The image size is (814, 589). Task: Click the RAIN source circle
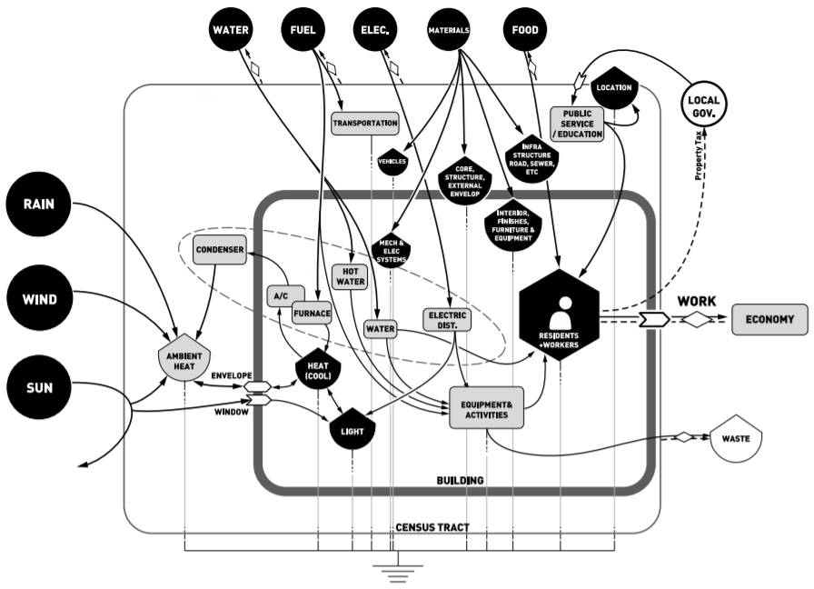tap(39, 205)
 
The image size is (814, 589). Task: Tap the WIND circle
tap(39, 300)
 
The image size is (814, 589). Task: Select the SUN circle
tap(39, 387)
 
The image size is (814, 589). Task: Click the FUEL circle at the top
tap(303, 30)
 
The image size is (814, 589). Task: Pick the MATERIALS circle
tap(449, 30)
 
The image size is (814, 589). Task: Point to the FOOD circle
tap(525, 30)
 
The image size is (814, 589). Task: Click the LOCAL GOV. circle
tap(703, 105)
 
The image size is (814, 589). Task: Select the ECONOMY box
tap(769, 319)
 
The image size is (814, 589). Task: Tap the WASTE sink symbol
tap(736, 438)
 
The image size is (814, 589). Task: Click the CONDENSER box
tap(220, 250)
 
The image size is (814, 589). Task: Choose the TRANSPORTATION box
tap(365, 124)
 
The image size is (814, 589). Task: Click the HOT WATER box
tap(351, 276)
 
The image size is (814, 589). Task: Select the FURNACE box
tap(312, 314)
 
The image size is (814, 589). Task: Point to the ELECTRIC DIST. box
tap(447, 320)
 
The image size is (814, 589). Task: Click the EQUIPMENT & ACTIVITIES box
tap(486, 408)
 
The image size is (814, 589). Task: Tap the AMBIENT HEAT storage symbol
tap(184, 358)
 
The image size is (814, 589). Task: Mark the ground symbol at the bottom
tap(398, 571)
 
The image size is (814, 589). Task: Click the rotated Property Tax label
tap(700, 155)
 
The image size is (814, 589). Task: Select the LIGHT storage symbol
tap(352, 429)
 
